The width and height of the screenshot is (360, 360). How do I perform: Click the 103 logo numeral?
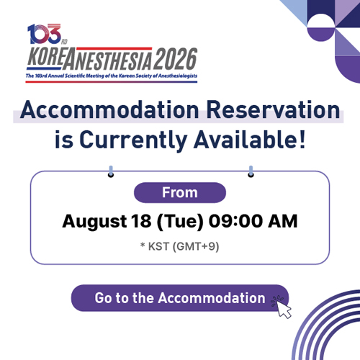[x=45, y=34]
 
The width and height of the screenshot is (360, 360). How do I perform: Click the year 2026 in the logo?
[x=176, y=58]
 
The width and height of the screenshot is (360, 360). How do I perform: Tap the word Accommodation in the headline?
[x=109, y=109]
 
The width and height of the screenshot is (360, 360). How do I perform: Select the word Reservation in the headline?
[x=273, y=109]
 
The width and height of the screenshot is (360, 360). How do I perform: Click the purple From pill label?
[x=180, y=192]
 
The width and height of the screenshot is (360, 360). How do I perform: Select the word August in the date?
[x=94, y=222]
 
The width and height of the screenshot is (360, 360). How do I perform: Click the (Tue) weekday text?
[x=180, y=221]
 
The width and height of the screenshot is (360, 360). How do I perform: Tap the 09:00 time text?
[x=235, y=221]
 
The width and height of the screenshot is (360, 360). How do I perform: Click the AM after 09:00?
[x=283, y=221]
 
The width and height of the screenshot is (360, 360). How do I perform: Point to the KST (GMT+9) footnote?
[x=180, y=247]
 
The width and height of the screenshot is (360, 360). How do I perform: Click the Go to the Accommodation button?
[x=180, y=298]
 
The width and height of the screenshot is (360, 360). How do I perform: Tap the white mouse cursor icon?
[x=284, y=309]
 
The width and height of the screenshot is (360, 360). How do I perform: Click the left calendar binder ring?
[x=111, y=171]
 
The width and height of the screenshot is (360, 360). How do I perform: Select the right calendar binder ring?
[x=251, y=171]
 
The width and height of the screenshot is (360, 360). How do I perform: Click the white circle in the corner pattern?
[x=321, y=21]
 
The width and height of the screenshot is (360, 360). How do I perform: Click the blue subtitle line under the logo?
[x=112, y=76]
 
